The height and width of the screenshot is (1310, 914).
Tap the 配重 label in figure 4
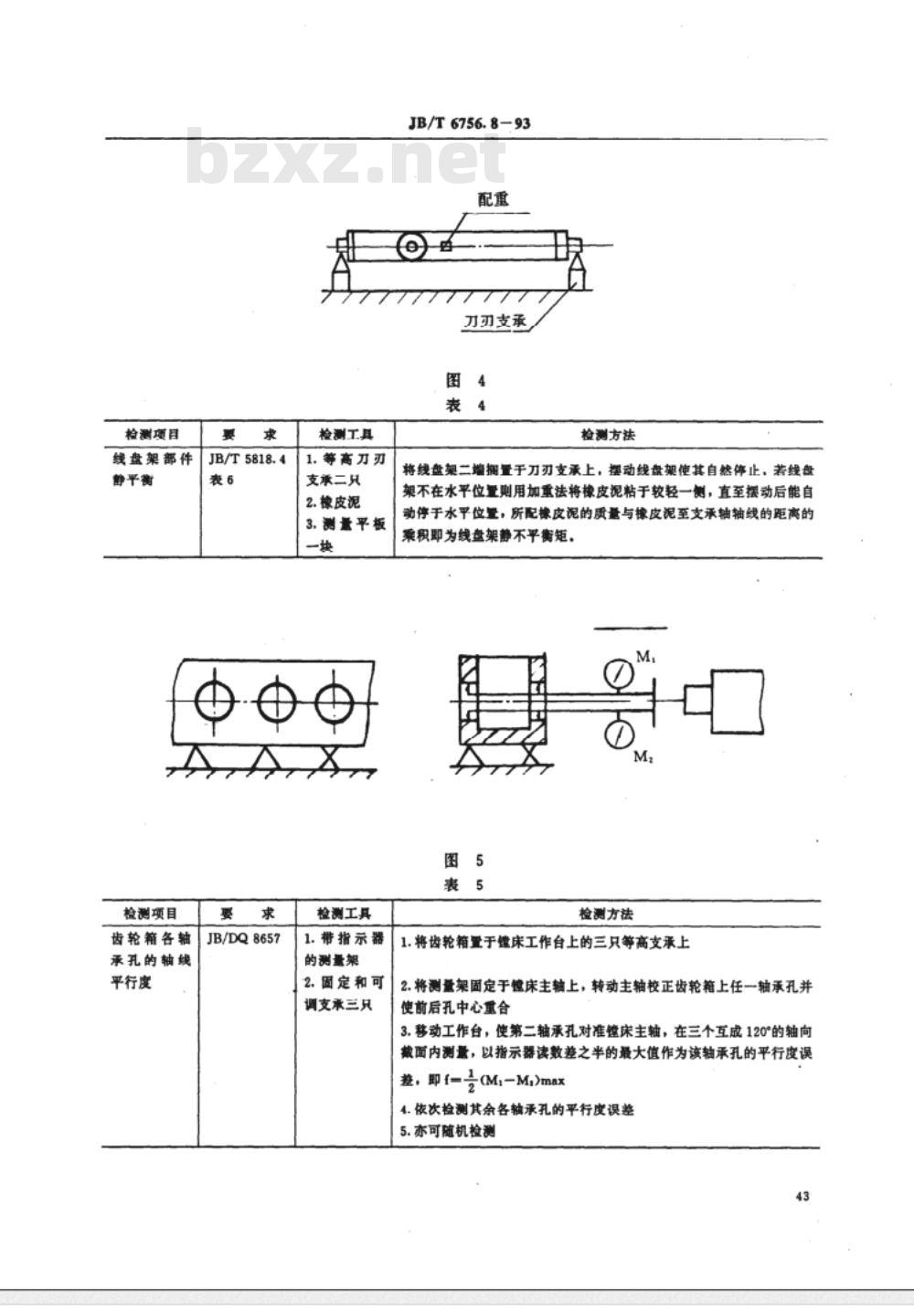coord(494,199)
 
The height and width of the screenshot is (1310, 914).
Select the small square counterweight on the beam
coord(446,245)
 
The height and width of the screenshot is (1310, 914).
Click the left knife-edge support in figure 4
coord(340,270)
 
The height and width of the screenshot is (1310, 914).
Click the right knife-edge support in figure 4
coord(579,270)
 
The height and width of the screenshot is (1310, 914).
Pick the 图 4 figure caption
coord(465,381)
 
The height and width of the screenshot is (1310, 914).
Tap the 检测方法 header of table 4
coord(608,434)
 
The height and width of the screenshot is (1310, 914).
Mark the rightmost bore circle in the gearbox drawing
coord(335,702)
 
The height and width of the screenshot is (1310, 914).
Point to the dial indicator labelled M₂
coord(620,733)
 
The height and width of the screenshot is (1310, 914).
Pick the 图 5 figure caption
coord(463,860)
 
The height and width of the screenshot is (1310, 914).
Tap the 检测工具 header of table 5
coord(343,914)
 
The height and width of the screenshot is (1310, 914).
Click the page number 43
coord(802,1197)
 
